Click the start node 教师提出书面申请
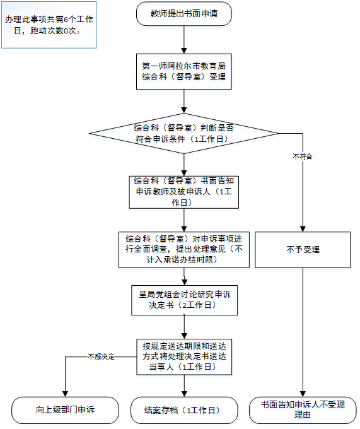(183, 13)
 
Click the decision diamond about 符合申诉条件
(183, 133)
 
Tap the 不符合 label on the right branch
(303, 155)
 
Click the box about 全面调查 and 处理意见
(183, 249)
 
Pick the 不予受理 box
(303, 250)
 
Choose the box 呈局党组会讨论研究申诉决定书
(183, 299)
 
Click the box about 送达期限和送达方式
(183, 355)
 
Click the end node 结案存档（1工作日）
(183, 411)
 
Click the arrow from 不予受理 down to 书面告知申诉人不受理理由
(303, 331)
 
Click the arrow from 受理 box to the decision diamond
(183, 101)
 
